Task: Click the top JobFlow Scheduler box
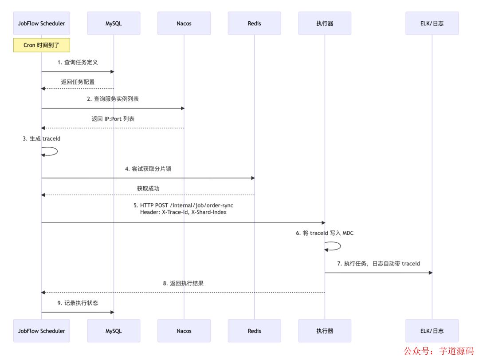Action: click(41, 23)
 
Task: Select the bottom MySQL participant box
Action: click(114, 331)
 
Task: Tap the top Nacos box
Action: click(184, 23)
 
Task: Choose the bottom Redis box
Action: click(254, 331)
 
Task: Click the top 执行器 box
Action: click(325, 23)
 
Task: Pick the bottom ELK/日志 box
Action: click(432, 331)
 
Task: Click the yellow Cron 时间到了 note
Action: click(41, 45)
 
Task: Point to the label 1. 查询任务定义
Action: click(78, 63)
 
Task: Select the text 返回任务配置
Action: click(78, 82)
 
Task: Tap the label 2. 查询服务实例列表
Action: click(113, 99)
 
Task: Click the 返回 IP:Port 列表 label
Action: click(113, 119)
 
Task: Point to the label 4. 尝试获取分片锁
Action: click(148, 169)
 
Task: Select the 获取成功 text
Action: click(148, 188)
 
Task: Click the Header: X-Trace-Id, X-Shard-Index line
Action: click(184, 213)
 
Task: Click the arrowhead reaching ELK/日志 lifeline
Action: click(430, 273)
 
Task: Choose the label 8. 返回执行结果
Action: click(183, 283)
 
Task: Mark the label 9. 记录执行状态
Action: click(78, 303)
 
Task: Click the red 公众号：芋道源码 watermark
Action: click(438, 351)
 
